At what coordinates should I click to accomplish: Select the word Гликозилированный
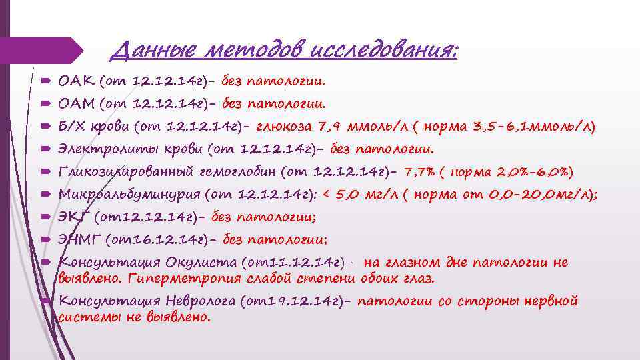pos(126,171)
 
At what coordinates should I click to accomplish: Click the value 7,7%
pos(420,171)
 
